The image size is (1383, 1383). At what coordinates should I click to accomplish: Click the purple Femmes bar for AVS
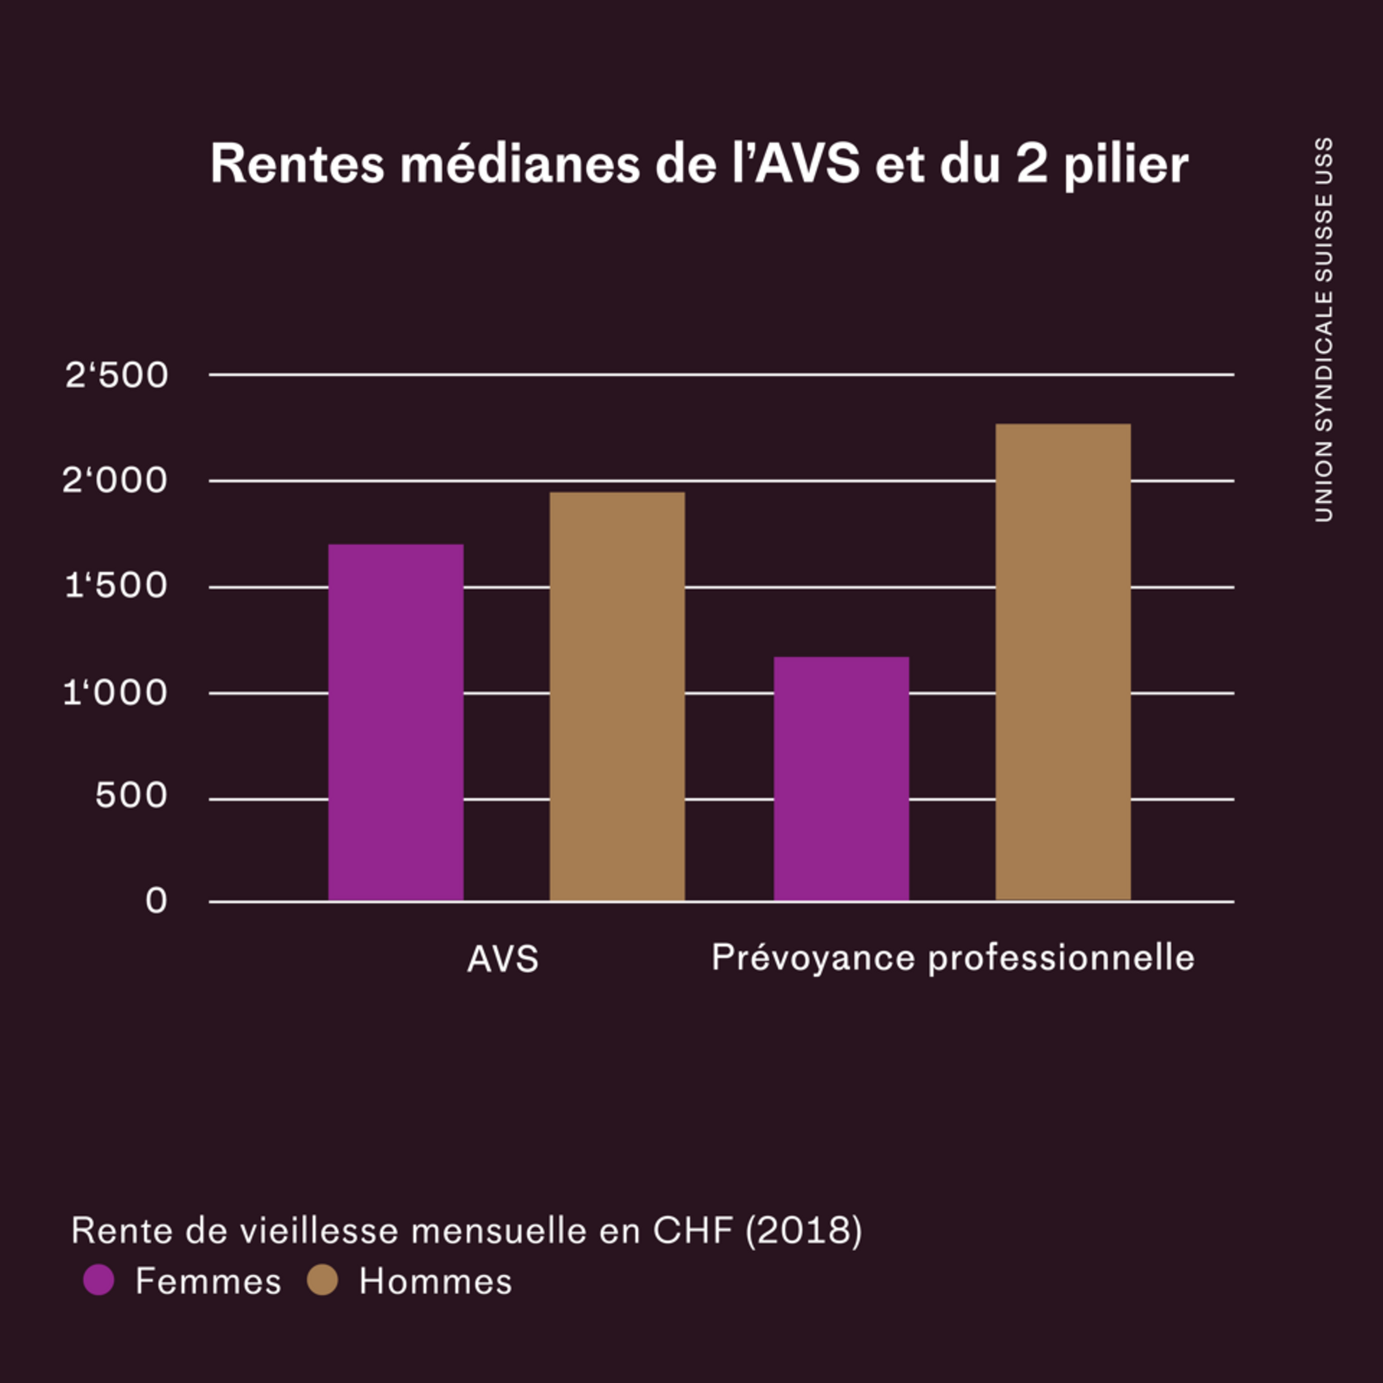tap(396, 723)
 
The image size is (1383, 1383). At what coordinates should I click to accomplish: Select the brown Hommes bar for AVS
tap(617, 697)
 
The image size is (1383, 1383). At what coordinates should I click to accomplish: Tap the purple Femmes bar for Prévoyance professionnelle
tap(841, 779)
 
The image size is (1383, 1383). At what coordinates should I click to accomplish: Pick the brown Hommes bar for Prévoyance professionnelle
tap(1063, 662)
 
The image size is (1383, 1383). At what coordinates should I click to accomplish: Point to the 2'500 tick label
tap(117, 375)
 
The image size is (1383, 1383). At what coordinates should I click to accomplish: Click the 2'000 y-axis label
tap(115, 481)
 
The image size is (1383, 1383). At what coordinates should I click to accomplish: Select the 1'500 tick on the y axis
tap(117, 586)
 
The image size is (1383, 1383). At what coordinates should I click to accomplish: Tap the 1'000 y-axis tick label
tap(115, 692)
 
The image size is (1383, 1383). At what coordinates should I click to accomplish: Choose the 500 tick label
tap(131, 796)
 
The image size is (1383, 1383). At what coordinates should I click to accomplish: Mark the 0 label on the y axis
tap(156, 902)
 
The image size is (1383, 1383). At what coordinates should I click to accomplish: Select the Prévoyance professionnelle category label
tap(953, 959)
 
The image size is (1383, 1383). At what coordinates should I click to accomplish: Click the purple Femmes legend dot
tap(99, 1280)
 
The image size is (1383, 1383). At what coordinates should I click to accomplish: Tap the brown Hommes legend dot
tap(322, 1280)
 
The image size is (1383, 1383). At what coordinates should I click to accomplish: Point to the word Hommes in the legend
tap(436, 1282)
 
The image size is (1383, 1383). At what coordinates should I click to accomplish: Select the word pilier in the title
tap(1125, 165)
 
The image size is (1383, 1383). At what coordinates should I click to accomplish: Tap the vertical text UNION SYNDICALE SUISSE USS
tap(1323, 329)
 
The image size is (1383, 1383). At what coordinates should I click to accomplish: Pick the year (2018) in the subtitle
tap(804, 1231)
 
